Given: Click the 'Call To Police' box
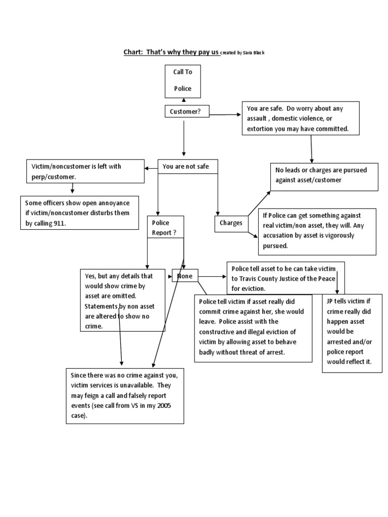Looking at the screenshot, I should tap(183, 80).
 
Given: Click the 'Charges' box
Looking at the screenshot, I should tap(230, 223).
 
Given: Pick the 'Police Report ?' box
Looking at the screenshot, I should tap(165, 228).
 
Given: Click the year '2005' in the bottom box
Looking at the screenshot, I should tap(162, 406).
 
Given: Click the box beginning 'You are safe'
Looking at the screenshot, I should tap(301, 119).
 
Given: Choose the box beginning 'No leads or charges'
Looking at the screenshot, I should tap(324, 175).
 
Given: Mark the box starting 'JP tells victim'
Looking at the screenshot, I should tap(352, 333).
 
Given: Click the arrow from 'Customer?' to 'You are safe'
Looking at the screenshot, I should tap(225, 115).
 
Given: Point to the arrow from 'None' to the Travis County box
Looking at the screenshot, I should tap(212, 277).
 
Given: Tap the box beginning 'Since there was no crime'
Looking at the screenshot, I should tap(124, 395).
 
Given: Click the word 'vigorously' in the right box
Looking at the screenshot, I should tap(338, 236).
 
